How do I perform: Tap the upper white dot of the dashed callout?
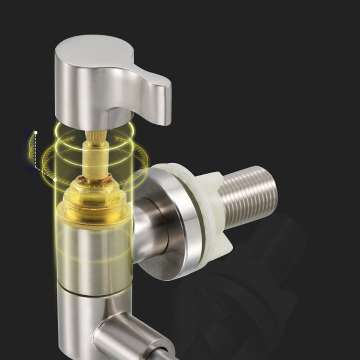35,131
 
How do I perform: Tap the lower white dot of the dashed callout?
55,180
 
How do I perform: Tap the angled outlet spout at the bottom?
130,336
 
